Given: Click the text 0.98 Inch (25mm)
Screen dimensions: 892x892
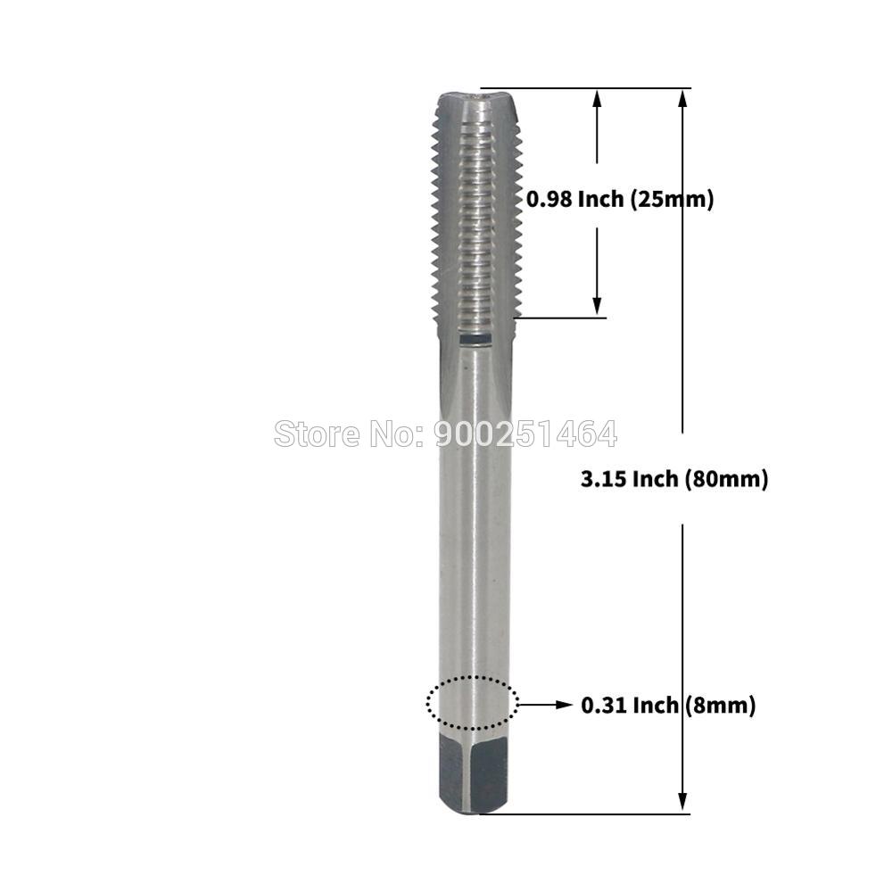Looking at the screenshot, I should (x=620, y=200).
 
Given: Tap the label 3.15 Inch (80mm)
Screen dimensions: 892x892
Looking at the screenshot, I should (x=674, y=479).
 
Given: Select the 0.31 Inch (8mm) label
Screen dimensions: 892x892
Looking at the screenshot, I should (x=668, y=706).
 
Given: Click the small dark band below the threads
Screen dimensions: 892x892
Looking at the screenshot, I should (x=475, y=339).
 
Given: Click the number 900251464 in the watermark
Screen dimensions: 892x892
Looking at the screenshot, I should (x=525, y=434).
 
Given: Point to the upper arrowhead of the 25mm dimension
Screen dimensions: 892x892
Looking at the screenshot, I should (x=598, y=100).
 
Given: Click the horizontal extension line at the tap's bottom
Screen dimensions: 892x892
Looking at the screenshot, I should (x=589, y=813).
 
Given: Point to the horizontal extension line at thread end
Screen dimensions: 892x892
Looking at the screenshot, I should (x=562, y=317).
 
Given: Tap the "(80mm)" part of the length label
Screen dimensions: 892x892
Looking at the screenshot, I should (x=726, y=479).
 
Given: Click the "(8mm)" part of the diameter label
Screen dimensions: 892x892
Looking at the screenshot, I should (x=721, y=706).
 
